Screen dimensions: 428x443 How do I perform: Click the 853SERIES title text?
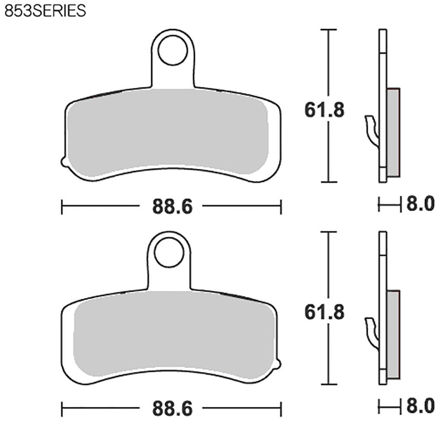coord(45,10)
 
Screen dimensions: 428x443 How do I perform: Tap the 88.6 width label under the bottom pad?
coord(172,409)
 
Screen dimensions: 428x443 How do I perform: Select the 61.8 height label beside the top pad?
coord(324,110)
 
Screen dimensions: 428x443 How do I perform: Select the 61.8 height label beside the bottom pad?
coord(324,312)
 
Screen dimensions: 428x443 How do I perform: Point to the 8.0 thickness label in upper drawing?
coord(419,204)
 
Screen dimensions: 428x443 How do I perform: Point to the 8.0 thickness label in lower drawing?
coord(419,406)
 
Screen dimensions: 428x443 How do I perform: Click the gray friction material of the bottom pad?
coord(173,333)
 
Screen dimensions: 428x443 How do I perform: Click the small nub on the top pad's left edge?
coord(64,162)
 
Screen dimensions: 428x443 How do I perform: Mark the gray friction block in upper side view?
coord(393,132)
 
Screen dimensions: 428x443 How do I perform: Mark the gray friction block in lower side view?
coord(393,334)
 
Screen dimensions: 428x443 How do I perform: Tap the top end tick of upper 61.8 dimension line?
coord(329,30)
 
